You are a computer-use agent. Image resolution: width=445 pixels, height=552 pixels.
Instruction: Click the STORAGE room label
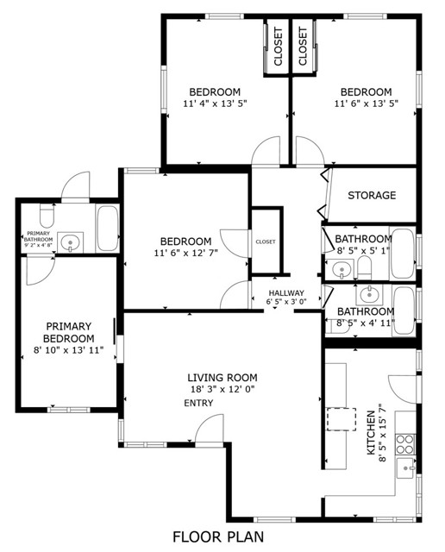click(x=372, y=195)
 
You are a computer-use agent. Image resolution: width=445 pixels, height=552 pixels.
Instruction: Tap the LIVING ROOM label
click(x=222, y=378)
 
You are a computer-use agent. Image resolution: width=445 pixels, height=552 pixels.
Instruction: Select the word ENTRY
click(x=198, y=403)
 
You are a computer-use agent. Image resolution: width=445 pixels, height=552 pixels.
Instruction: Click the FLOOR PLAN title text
click(x=218, y=536)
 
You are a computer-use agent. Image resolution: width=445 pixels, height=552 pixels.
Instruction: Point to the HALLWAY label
click(x=286, y=293)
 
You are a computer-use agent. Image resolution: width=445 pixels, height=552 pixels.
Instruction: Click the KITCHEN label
click(x=371, y=432)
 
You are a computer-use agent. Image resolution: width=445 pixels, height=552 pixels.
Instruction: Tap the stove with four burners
click(x=404, y=445)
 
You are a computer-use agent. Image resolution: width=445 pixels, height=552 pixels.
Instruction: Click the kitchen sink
click(x=406, y=468)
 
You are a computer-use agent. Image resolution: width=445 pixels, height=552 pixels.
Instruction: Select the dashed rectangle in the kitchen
click(x=342, y=419)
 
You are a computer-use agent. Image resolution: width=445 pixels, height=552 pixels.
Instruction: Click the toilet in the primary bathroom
click(x=47, y=216)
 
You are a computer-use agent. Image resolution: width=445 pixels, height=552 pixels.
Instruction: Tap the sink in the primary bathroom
click(x=71, y=242)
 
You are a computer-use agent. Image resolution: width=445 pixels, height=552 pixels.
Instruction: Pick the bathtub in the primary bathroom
click(x=108, y=229)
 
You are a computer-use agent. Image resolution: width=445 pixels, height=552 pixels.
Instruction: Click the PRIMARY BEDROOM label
click(x=69, y=332)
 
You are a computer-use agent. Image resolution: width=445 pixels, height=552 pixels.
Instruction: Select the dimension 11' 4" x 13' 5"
click(x=215, y=103)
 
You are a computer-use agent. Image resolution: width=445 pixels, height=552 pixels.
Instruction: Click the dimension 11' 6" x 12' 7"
click(x=186, y=253)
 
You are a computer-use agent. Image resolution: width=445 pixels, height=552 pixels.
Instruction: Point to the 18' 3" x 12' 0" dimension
click(x=222, y=389)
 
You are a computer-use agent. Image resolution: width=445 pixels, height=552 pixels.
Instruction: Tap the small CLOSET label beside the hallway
click(x=266, y=241)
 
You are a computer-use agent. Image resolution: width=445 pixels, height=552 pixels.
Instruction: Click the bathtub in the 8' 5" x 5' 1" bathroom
click(x=403, y=254)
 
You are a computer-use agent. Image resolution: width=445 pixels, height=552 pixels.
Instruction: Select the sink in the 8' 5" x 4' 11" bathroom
click(x=369, y=294)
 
